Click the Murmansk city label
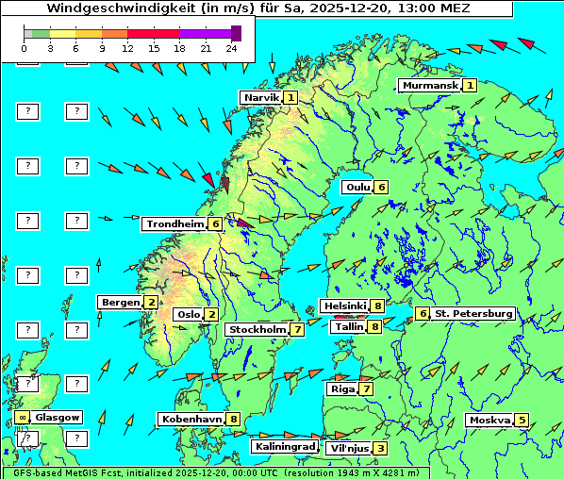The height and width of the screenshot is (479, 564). [429, 85]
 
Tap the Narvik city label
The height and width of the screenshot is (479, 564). [261, 97]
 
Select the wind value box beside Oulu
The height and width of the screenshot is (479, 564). [381, 187]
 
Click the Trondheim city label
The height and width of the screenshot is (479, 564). [174, 224]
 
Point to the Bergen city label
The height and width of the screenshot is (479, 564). [121, 302]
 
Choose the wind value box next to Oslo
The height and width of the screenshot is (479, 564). [212, 314]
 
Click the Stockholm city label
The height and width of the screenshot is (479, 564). [257, 329]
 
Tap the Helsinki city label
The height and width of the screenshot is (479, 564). [344, 306]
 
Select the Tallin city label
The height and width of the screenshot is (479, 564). [349, 326]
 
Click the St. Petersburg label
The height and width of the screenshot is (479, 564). [473, 313]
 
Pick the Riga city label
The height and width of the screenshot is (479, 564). [340, 388]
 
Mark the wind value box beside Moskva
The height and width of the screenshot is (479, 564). [522, 420]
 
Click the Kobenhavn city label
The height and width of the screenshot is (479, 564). [191, 419]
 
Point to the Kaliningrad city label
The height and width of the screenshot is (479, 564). [284, 446]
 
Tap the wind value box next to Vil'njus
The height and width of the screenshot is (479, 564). [379, 448]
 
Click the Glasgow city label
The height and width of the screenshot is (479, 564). [58, 417]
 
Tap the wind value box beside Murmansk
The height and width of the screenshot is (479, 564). [469, 85]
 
